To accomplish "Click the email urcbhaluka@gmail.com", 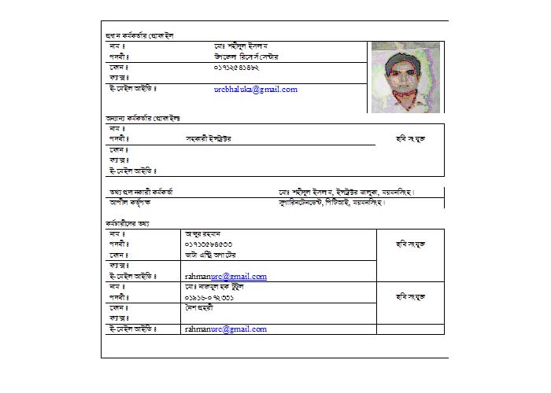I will tap(255, 90).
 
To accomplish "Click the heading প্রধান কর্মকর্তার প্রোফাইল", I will tap(139, 36).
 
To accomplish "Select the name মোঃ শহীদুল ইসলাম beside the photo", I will tap(240, 46).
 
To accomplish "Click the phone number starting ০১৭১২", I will tap(236, 68).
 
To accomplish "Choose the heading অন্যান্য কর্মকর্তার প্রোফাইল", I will tap(142, 118).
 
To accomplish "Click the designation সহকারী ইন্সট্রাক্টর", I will tap(208, 138).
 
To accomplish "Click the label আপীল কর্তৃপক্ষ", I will tap(130, 202).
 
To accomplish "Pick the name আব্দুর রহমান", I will tap(203, 234).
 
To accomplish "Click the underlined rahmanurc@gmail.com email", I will tap(225, 277).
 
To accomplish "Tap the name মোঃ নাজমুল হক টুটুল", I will tap(213, 288).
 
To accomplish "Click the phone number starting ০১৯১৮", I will tap(208, 298).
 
